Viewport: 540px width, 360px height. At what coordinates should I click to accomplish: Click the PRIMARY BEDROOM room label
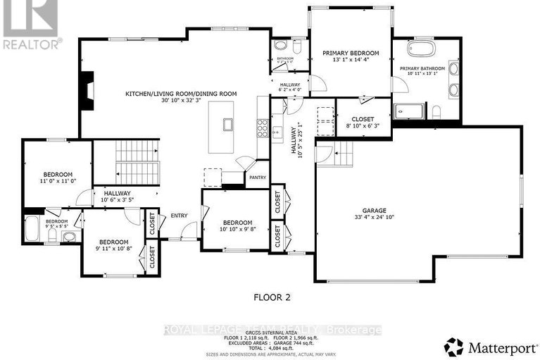click(350, 54)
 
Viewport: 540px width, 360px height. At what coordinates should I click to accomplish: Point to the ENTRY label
click(177, 216)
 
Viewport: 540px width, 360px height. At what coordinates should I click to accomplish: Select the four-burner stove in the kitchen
click(262, 128)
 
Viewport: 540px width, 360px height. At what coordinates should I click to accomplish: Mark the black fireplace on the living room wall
click(86, 92)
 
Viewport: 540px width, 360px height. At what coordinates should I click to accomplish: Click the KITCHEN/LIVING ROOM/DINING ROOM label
click(181, 94)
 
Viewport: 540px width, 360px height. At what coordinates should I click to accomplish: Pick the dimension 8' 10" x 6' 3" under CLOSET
click(363, 127)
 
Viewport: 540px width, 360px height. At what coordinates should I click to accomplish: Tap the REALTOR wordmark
click(32, 44)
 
